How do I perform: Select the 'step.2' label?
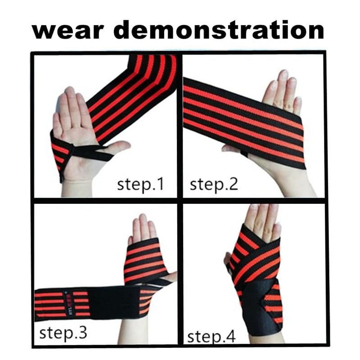pyautogui.click(x=213, y=184)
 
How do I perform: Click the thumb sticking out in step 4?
pyautogui.click(x=228, y=260)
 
